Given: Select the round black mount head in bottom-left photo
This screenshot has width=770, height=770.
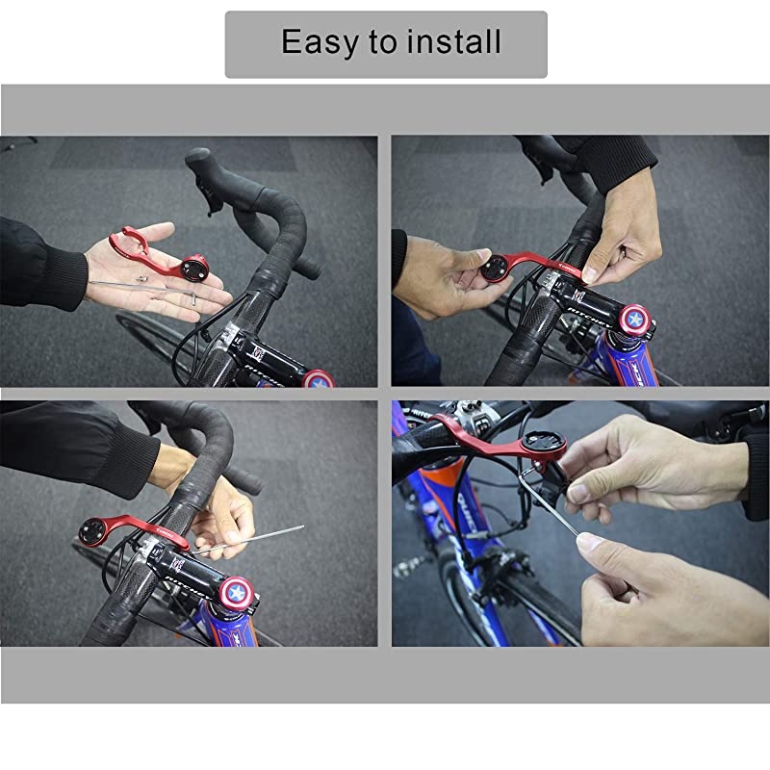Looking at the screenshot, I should tap(92, 531).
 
